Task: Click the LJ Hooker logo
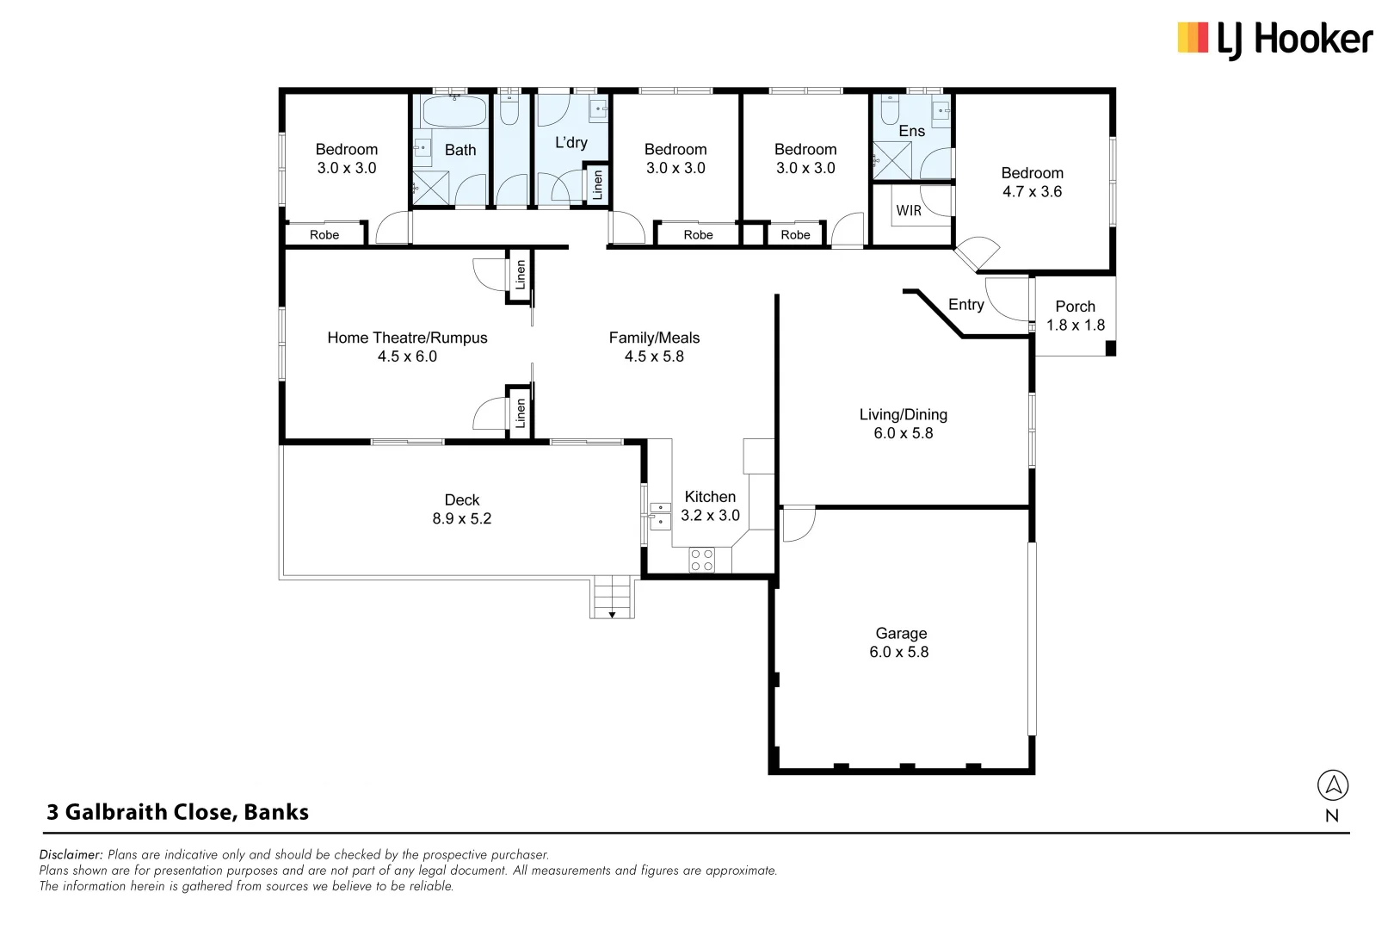click(1274, 40)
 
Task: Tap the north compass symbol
click(1332, 785)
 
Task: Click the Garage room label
click(901, 634)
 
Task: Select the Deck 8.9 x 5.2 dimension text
click(461, 519)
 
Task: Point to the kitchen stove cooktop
click(701, 560)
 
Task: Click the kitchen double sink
click(660, 515)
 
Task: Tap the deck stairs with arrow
click(613, 598)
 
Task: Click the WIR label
click(909, 210)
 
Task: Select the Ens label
click(911, 131)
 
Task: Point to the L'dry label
click(571, 143)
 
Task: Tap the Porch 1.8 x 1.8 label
click(1075, 316)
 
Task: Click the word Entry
click(965, 305)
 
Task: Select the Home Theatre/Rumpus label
click(407, 338)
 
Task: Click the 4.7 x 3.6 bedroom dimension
click(1032, 192)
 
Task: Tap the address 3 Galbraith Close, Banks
click(177, 812)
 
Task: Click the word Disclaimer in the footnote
click(71, 855)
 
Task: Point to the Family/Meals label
click(654, 338)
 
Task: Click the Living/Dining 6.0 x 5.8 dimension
click(903, 434)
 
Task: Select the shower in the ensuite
click(891, 161)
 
